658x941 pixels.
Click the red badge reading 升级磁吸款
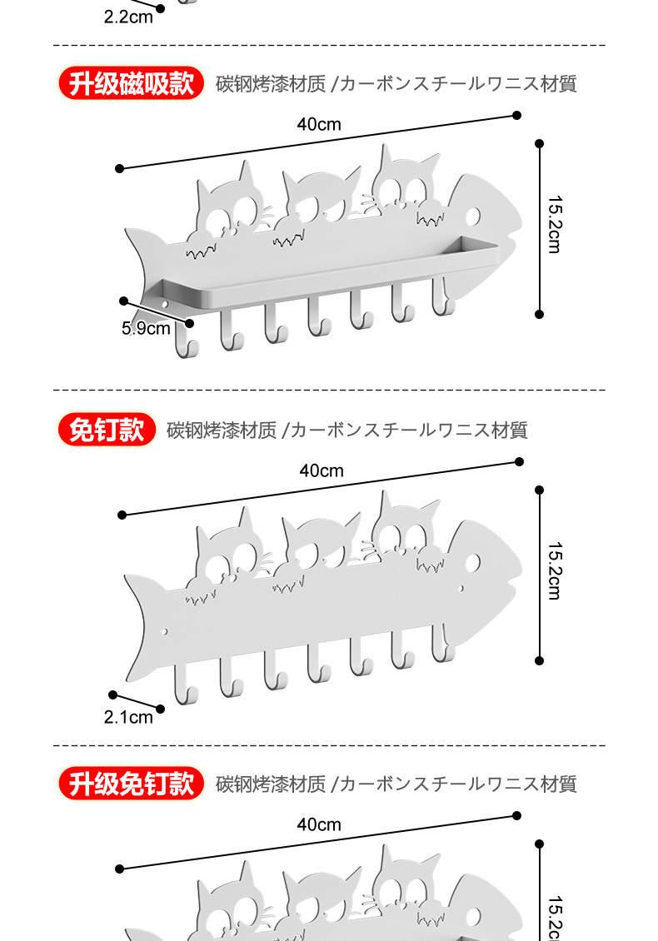pos(131,83)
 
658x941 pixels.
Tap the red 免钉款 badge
pos(107,430)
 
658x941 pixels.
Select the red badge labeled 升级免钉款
pos(131,784)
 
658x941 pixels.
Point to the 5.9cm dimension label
pos(146,328)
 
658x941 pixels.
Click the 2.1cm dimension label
pos(128,716)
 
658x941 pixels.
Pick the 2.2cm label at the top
pos(128,17)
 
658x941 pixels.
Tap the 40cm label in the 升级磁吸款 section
pos(319,125)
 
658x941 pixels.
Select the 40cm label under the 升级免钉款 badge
pos(319,824)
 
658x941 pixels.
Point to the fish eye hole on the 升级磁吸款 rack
pos(471,217)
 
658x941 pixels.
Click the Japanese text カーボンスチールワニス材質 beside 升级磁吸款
pos(458,84)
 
